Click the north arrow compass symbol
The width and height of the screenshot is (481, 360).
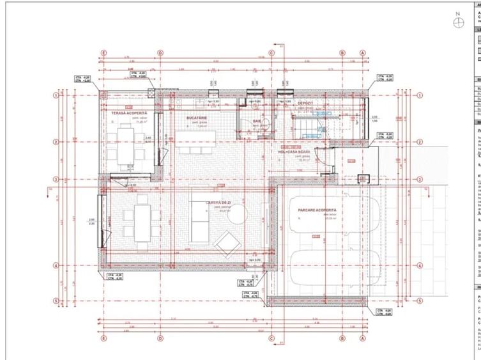click(x=458, y=22)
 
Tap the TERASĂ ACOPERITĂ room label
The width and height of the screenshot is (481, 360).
click(x=130, y=113)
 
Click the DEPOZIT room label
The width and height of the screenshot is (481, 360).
click(x=305, y=103)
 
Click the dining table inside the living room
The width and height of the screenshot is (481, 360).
click(x=141, y=222)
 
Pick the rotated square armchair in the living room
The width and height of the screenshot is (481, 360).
click(x=226, y=244)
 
